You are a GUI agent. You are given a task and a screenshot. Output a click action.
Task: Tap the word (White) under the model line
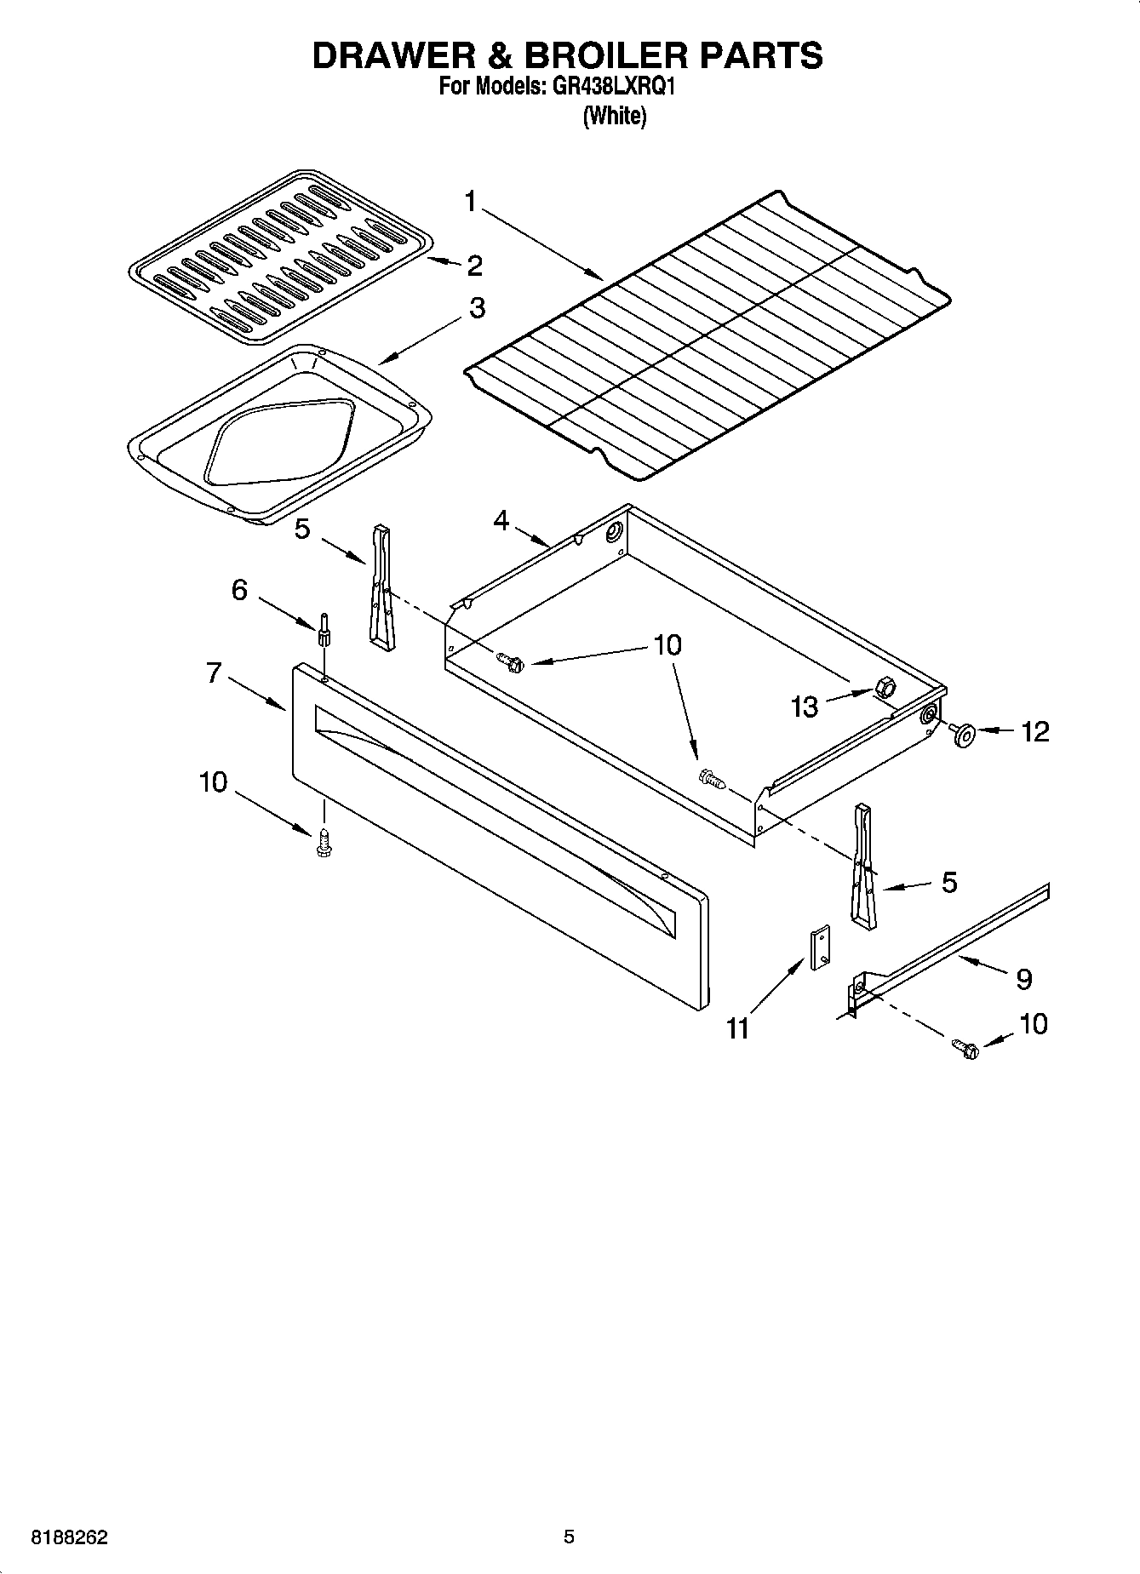coord(614,116)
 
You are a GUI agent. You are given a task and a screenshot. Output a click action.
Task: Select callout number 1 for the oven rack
coord(471,202)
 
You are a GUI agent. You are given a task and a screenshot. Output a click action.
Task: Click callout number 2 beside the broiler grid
coord(474,266)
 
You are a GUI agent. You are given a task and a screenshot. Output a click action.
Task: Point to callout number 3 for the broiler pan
coord(477,308)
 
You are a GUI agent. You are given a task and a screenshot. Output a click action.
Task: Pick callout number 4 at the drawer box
coord(501,519)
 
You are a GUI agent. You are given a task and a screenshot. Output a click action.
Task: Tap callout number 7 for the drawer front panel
coord(214,673)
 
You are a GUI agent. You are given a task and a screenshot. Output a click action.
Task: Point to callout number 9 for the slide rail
coord(1023,979)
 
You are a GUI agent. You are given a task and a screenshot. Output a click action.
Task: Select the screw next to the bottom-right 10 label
coord(965,1049)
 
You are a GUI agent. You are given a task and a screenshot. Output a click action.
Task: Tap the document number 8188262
coord(70,1537)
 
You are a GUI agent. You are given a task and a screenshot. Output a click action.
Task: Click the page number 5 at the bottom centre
coord(569,1537)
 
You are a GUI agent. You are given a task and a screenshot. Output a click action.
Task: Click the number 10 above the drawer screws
coord(667,645)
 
